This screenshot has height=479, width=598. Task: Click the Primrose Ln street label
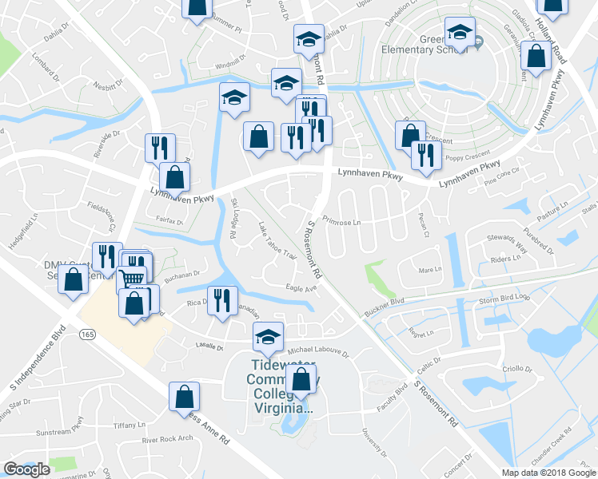pyautogui.click(x=341, y=221)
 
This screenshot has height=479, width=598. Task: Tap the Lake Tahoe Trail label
pyautogui.click(x=277, y=245)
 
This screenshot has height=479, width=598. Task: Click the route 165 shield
pyautogui.click(x=88, y=335)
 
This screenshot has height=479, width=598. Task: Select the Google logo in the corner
pyautogui.click(x=26, y=469)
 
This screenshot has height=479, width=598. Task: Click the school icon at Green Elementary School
pyautogui.click(x=460, y=32)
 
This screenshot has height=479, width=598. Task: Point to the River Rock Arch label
pyautogui.click(x=167, y=439)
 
